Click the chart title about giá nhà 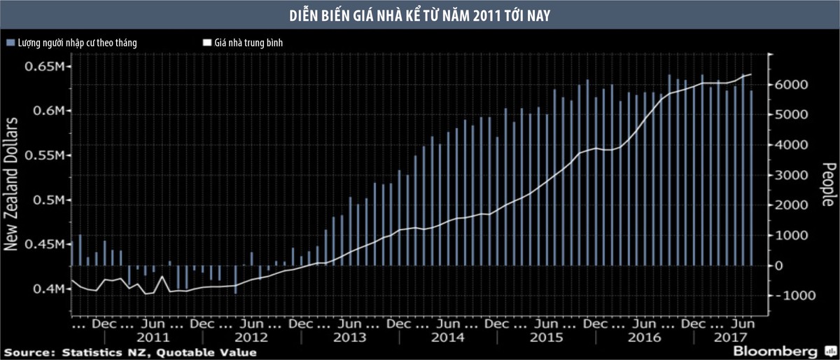[x=420, y=15]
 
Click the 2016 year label [x=645, y=337]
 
